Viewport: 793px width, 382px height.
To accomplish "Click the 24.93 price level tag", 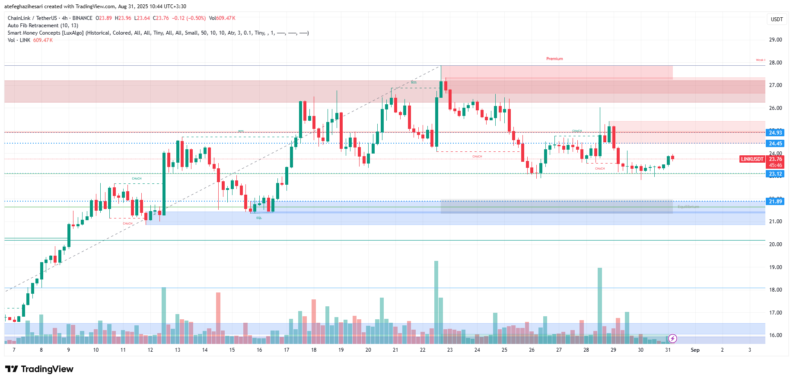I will [x=775, y=133].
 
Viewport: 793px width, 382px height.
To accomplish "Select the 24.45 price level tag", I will [x=775, y=144].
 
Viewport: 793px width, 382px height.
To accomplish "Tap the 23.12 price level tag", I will [x=775, y=174].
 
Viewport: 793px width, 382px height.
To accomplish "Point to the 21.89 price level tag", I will [x=775, y=202].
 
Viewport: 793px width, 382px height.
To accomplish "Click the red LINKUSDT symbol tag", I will [x=752, y=159].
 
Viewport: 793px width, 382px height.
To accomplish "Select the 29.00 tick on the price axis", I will [x=775, y=40].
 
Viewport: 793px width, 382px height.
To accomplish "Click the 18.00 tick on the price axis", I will [x=775, y=290].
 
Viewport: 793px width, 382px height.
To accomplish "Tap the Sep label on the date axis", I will [x=695, y=350].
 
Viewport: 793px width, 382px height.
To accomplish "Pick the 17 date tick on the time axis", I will [x=287, y=350].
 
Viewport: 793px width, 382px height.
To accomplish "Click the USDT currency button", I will [x=777, y=19].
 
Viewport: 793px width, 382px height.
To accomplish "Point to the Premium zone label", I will [x=554, y=59].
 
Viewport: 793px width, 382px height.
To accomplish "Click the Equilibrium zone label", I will [x=688, y=207].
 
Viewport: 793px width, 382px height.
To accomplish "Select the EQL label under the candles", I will [x=259, y=218].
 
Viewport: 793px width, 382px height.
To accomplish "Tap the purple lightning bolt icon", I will [x=672, y=338].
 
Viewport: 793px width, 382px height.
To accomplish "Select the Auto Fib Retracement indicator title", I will [x=43, y=26].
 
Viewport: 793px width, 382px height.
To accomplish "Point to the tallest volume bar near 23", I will [x=436, y=299].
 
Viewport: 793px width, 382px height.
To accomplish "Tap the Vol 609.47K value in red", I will [x=43, y=40].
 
